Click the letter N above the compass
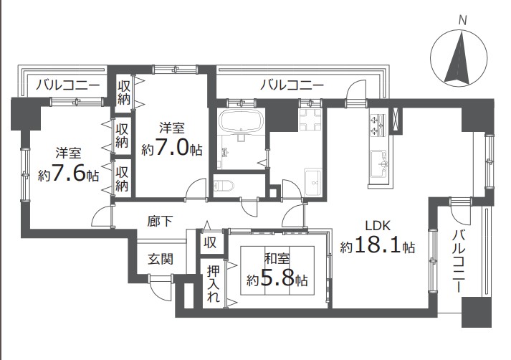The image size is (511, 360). [462, 21]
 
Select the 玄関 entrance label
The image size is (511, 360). [161, 259]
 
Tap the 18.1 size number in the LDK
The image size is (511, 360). [378, 245]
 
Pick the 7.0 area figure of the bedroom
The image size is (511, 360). [172, 148]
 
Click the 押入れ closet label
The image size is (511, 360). [213, 283]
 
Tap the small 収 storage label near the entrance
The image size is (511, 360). [210, 242]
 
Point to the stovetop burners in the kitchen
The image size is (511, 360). [378, 125]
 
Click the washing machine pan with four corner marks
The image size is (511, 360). [310, 120]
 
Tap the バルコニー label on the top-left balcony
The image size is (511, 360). [67, 85]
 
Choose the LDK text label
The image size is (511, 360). [378, 225]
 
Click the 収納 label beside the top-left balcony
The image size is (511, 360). [124, 93]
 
